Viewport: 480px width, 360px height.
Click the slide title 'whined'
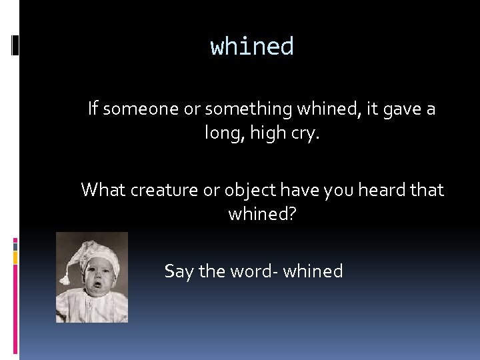click(x=252, y=47)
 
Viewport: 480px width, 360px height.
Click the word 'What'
click(x=103, y=190)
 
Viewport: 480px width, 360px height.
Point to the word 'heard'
click(x=376, y=190)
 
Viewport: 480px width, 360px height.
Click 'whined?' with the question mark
click(x=262, y=215)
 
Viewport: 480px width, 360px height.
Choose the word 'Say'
click(x=179, y=271)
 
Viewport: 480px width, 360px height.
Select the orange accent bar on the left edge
click(x=15, y=257)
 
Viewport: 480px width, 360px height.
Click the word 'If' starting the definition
click(x=93, y=109)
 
